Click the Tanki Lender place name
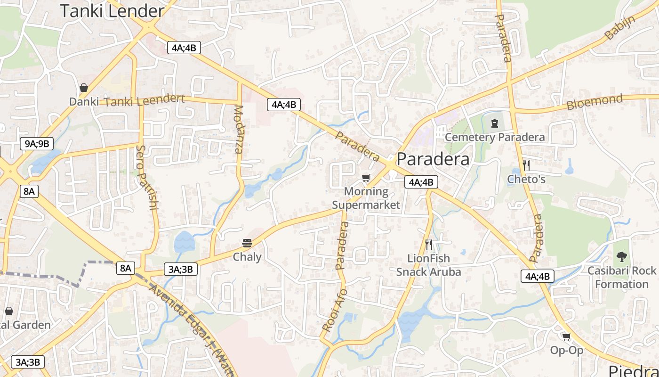point(112,11)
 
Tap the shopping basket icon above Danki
point(84,88)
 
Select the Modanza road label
point(239,130)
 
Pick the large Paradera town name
point(433,159)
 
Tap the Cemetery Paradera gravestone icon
point(494,123)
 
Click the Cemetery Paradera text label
point(495,137)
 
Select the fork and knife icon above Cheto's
point(526,165)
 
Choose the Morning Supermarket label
point(366,198)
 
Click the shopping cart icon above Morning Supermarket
point(366,178)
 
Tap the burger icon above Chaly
point(247,243)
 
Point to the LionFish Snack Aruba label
point(428,265)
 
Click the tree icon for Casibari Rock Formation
point(621,257)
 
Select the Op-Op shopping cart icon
point(566,336)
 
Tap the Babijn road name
point(620,28)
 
